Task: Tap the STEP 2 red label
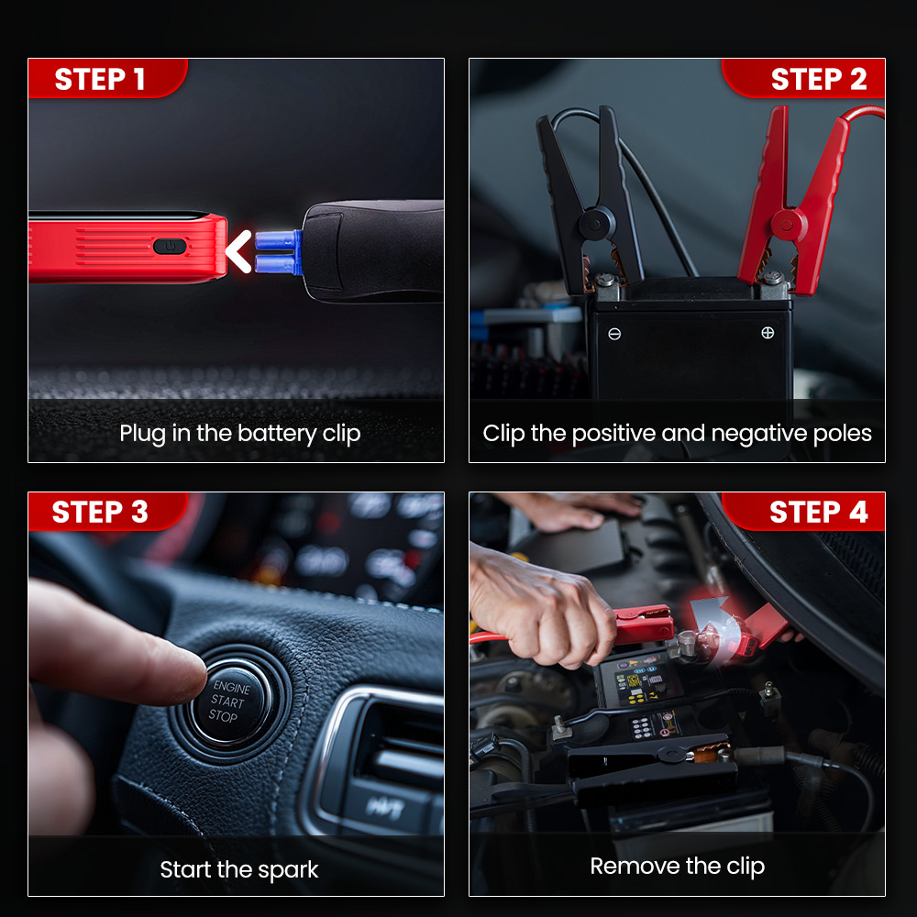pos(803,78)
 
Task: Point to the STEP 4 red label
pos(803,512)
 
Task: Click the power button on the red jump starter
pos(170,246)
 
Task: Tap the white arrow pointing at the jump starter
pos(238,251)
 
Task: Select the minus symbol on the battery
pos(614,334)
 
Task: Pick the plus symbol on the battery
pos(768,333)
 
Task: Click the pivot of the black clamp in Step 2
pos(595,224)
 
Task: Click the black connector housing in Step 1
pos(373,251)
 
